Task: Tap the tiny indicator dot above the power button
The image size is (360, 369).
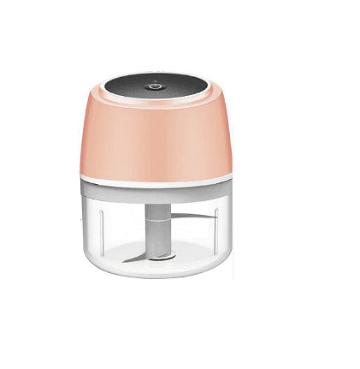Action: click(x=156, y=81)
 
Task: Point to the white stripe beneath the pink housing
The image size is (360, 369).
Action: click(x=156, y=182)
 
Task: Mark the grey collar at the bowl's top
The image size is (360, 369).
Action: click(x=156, y=195)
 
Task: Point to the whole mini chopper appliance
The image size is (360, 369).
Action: click(x=156, y=176)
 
